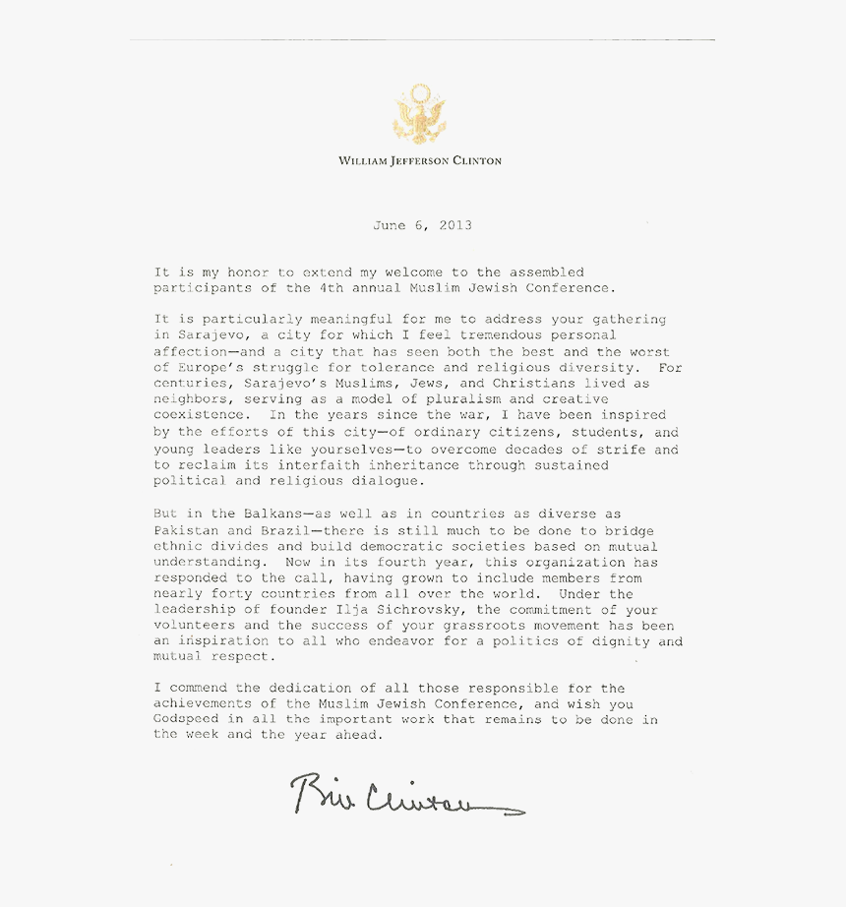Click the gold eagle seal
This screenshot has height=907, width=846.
419,115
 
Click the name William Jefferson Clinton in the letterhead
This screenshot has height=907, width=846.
420,160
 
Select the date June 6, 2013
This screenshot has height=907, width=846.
422,225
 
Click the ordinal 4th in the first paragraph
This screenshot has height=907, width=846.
330,288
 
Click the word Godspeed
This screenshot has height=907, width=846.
186,720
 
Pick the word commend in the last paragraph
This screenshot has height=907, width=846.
202,689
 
